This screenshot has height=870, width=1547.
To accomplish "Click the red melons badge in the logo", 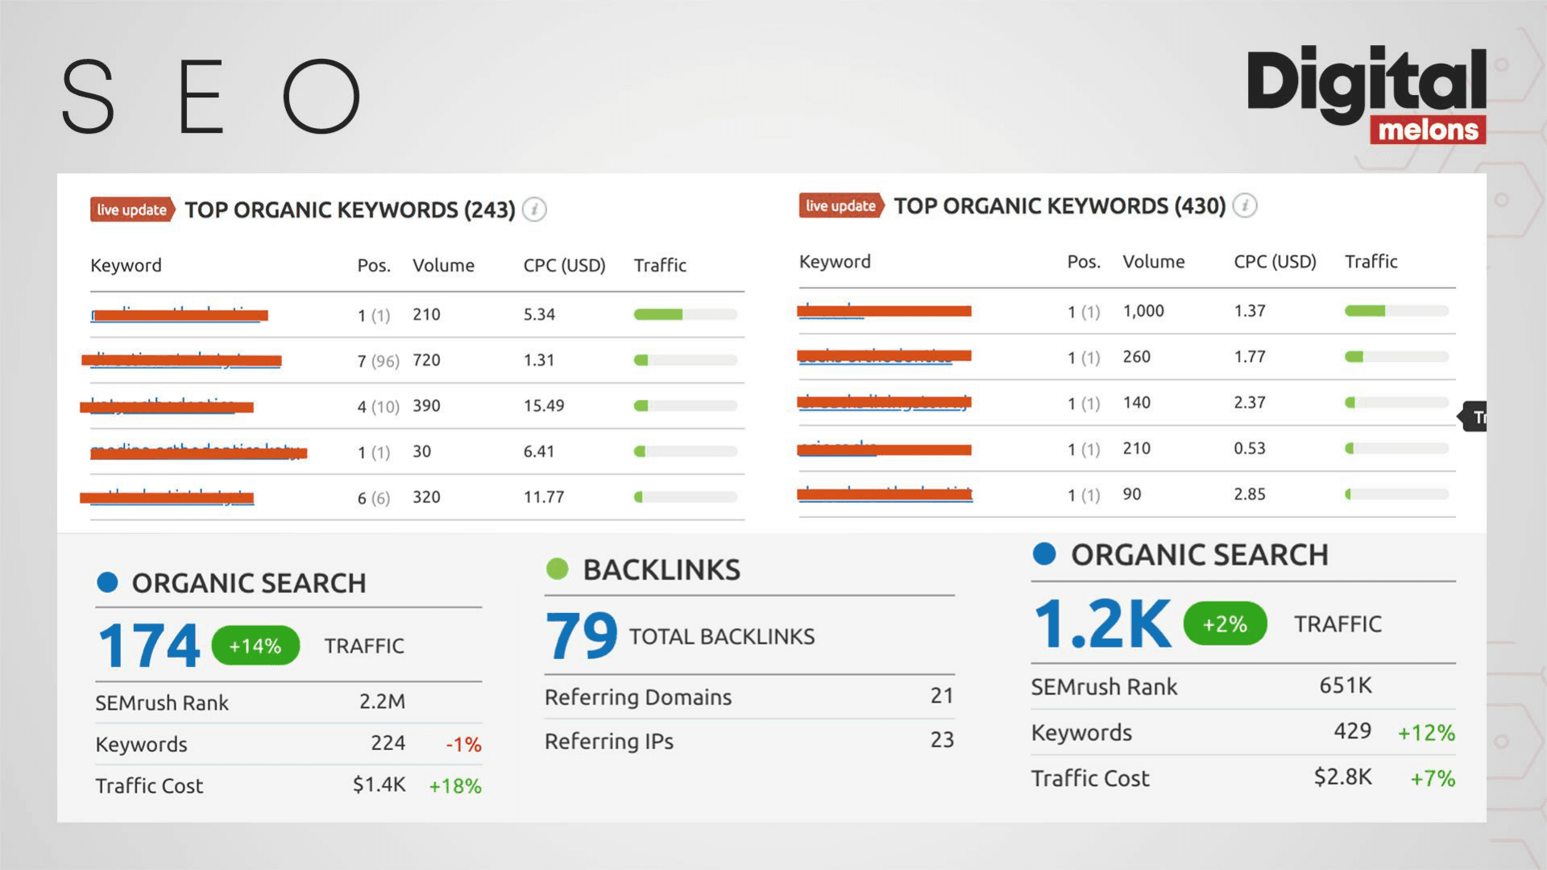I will click(1428, 130).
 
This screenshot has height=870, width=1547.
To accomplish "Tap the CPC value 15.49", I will click(544, 406).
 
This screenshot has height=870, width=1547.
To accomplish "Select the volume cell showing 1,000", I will click(1143, 311).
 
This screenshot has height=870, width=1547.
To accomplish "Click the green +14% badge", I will click(255, 646).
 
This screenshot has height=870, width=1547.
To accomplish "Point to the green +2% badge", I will click(1225, 624).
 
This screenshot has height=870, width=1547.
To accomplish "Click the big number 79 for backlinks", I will click(581, 636).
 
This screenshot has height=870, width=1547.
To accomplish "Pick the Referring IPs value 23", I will click(942, 740).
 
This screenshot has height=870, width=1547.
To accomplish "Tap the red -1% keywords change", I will click(463, 744).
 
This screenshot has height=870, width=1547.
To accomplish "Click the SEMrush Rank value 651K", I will click(1345, 686).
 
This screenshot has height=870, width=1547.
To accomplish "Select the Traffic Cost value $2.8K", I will click(1342, 777).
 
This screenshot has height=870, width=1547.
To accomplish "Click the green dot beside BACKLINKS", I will click(557, 570).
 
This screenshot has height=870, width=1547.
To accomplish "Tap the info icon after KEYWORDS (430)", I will click(1245, 206).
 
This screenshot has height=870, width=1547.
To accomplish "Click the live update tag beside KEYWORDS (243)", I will click(132, 210).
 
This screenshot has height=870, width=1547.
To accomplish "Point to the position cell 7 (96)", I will click(378, 361).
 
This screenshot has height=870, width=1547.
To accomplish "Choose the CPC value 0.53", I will click(1249, 449).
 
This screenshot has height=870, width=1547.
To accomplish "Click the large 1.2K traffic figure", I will click(1101, 624).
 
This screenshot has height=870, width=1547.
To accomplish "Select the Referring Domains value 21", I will click(942, 696).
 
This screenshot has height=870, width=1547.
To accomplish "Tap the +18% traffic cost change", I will click(455, 786).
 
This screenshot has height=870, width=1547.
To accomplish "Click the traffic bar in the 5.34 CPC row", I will click(685, 315).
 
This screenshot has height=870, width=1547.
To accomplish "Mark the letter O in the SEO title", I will click(321, 96).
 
